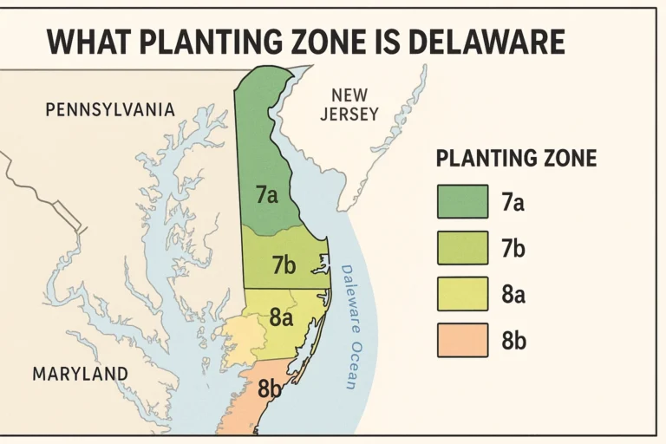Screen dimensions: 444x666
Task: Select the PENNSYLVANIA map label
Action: [110, 110]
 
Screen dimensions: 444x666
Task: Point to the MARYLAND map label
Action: [80, 374]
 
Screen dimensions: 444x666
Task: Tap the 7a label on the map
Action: [267, 195]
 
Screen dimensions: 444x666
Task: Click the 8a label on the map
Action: [281, 317]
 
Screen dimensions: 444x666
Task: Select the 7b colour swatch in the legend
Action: [462, 249]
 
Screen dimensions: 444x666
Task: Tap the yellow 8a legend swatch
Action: [462, 294]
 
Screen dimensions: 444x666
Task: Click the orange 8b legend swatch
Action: [462, 340]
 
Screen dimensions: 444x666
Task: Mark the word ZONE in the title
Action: [330, 42]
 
